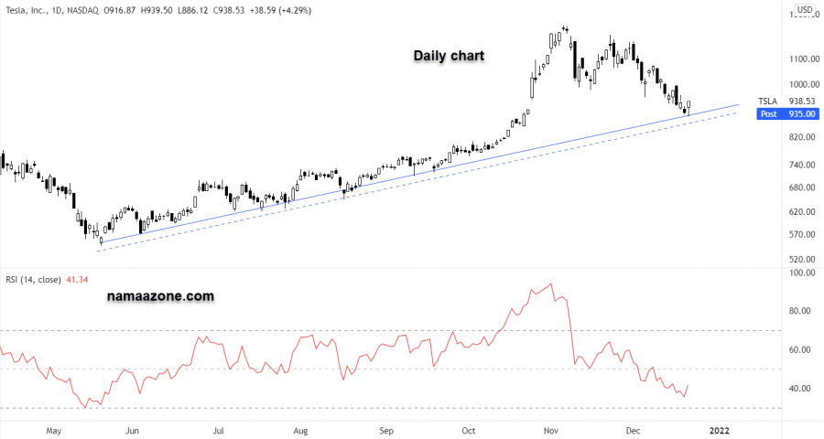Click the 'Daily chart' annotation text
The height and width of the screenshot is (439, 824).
[449, 56]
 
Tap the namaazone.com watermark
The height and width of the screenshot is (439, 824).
[161, 296]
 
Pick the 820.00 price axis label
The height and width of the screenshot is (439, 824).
[803, 137]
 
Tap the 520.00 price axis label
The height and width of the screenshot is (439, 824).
[803, 260]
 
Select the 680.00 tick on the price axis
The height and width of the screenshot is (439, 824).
[803, 188]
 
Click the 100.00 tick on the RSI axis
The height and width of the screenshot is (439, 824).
[803, 273]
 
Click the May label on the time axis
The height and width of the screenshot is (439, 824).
[52, 429]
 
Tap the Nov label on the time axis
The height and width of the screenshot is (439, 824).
[551, 429]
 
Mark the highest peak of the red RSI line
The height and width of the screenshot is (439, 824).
[551, 284]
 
